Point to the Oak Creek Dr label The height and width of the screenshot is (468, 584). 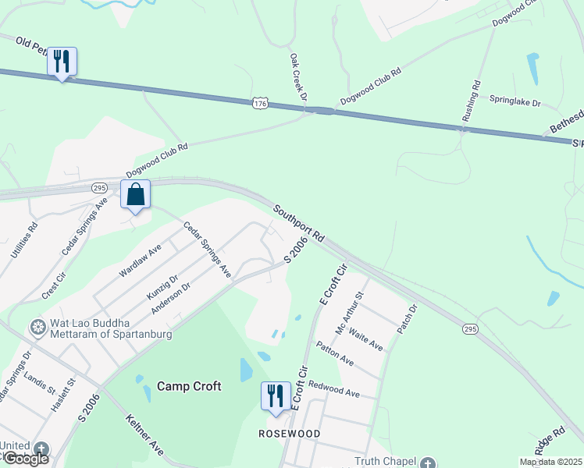tap(297, 77)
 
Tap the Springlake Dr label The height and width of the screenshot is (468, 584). tap(515, 101)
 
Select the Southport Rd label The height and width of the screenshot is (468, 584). tap(298, 222)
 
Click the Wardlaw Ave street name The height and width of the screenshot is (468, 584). tap(139, 260)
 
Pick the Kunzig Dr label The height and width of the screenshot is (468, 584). tap(162, 286)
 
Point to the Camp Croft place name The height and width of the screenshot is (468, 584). tap(189, 386)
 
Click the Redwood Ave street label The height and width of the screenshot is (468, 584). tap(333, 388)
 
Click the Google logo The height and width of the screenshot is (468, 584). tap(25, 459)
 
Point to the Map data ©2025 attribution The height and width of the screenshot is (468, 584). tap(550, 462)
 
